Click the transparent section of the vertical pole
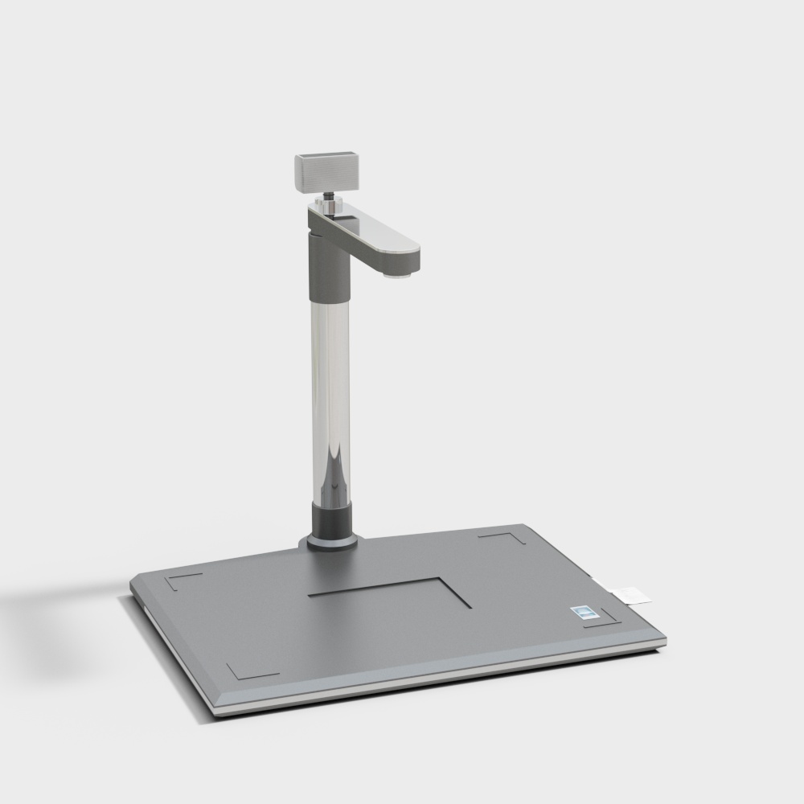330,386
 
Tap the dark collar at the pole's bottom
332,519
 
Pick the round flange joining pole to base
330,543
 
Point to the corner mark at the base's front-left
249,671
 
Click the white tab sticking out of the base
632,594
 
